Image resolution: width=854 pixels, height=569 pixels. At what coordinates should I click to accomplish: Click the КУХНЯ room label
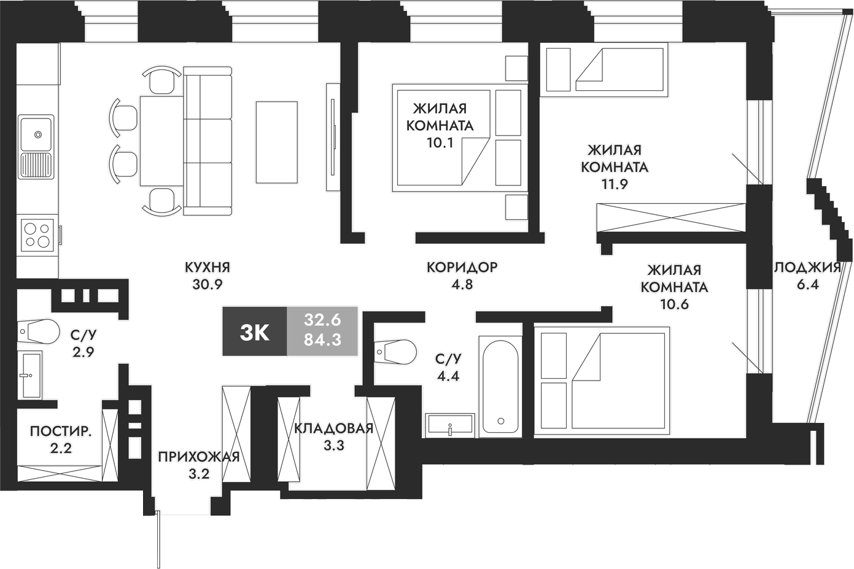(207, 267)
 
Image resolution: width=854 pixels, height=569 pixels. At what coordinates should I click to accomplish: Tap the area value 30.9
(207, 284)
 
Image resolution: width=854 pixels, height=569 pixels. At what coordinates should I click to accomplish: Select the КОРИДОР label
(462, 267)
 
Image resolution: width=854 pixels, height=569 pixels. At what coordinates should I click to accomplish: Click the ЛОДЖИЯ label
(807, 267)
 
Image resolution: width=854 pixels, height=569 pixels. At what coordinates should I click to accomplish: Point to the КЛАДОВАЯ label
(333, 428)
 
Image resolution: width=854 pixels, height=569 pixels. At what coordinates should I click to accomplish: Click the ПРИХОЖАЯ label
(198, 457)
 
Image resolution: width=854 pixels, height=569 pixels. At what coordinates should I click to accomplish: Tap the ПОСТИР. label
(61, 432)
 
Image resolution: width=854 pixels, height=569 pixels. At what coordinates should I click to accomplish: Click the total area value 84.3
(322, 340)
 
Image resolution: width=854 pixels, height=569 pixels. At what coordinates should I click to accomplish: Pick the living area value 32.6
(322, 320)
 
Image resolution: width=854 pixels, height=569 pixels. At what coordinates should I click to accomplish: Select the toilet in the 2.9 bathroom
(39, 331)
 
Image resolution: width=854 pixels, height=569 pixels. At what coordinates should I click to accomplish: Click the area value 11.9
(615, 184)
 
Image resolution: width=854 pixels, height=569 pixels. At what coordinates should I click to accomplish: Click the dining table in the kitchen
(161, 141)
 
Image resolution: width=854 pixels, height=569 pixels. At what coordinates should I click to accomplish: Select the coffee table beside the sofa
(276, 142)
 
